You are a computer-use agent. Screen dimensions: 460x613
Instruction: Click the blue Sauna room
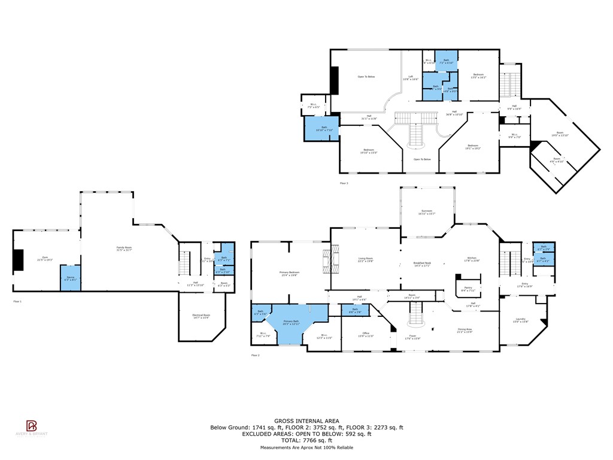click(70, 278)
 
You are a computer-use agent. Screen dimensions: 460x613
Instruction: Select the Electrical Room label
click(202, 317)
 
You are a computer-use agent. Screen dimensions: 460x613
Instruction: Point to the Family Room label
click(124, 249)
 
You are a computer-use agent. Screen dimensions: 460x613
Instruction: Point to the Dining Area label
click(465, 330)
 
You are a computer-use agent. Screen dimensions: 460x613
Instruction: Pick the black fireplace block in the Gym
click(19, 259)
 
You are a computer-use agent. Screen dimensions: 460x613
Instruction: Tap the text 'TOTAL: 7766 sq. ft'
click(306, 440)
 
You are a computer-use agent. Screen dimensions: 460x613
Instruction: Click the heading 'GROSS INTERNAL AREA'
click(306, 421)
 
